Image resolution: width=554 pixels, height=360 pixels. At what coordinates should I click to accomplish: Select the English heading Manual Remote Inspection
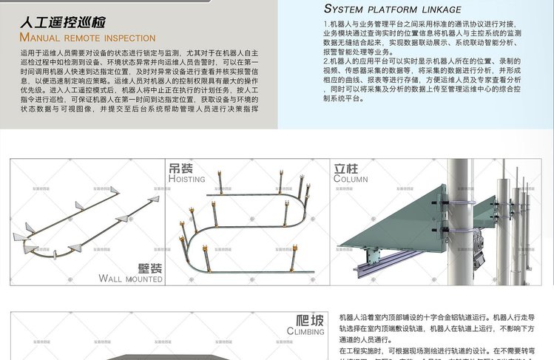pyautogui.click(x=87, y=38)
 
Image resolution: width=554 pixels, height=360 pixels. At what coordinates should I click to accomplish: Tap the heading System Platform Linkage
pyautogui.click(x=393, y=10)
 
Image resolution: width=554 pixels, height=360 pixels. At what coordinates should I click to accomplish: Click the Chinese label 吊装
pyautogui.click(x=181, y=169)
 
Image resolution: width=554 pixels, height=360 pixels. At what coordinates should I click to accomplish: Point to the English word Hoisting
pyautogui.click(x=187, y=180)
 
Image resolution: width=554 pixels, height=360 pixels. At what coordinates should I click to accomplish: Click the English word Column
pyautogui.click(x=351, y=179)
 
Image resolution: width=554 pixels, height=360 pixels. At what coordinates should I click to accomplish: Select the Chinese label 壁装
pyautogui.click(x=150, y=268)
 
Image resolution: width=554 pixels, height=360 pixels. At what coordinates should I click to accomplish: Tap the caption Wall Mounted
pyautogui.click(x=131, y=279)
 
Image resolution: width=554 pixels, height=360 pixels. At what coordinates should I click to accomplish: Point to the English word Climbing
pyautogui.click(x=305, y=332)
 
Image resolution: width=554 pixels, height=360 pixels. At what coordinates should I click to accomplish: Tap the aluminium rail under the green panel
pyautogui.click(x=392, y=262)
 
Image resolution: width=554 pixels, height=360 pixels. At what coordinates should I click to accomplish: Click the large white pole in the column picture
pyautogui.click(x=461, y=222)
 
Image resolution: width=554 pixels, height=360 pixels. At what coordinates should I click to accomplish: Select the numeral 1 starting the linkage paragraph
pyautogui.click(x=326, y=25)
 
